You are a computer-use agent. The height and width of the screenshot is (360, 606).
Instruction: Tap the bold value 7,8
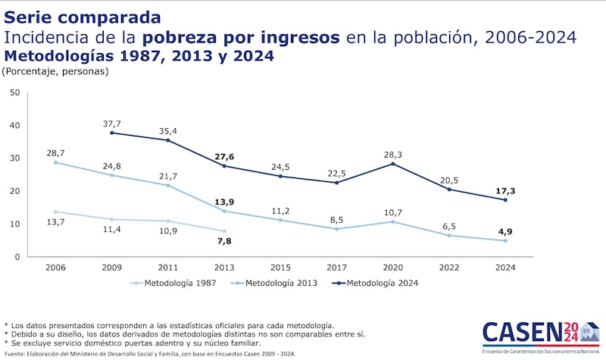click(x=223, y=242)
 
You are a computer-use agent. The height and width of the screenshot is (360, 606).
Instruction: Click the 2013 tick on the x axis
click(x=224, y=268)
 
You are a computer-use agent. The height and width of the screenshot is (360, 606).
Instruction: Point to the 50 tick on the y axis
click(x=14, y=92)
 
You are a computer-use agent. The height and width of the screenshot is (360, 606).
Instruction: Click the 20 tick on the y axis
click(x=14, y=191)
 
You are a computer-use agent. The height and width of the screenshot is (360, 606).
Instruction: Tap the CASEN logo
click(x=540, y=334)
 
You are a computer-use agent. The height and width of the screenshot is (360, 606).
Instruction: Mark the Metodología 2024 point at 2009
click(x=112, y=133)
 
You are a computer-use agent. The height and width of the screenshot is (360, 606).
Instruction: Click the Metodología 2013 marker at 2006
click(x=56, y=162)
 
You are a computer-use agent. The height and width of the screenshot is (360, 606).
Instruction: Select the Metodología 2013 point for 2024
click(x=504, y=240)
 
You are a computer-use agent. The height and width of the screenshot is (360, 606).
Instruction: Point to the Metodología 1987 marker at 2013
click(x=224, y=231)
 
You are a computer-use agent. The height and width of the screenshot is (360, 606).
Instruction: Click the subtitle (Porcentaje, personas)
click(x=55, y=72)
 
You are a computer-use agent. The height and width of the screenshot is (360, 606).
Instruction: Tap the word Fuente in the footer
click(x=15, y=353)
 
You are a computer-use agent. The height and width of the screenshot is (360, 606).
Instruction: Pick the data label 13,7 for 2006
click(x=56, y=221)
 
